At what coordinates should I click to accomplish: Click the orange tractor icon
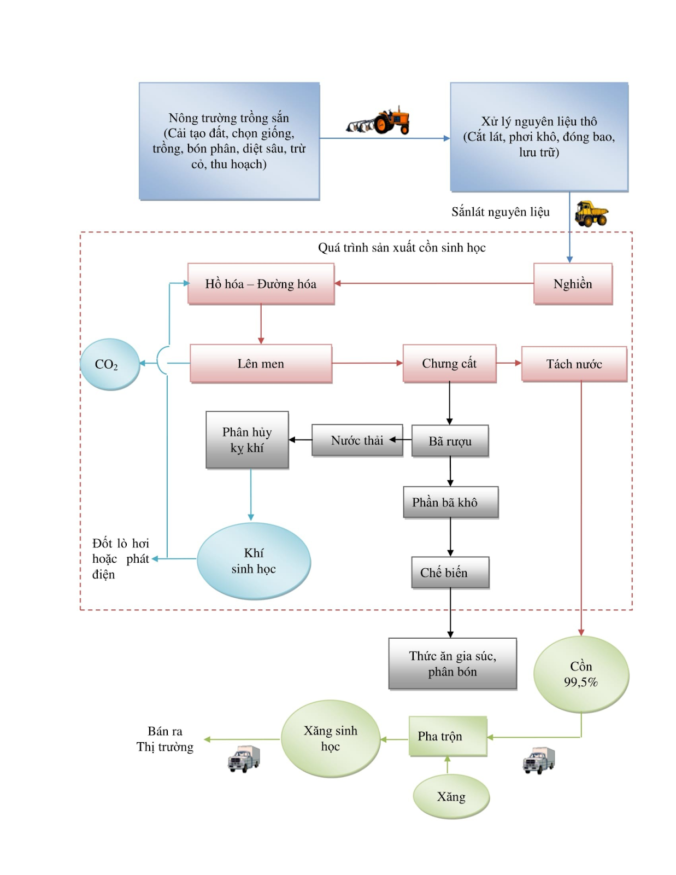click(378, 120)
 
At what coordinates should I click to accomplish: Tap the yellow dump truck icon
click(591, 213)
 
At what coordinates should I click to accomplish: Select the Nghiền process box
click(573, 284)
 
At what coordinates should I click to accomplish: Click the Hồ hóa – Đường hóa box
click(261, 284)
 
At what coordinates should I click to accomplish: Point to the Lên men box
click(261, 364)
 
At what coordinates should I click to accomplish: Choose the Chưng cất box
click(449, 363)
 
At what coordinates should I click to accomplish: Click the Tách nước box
click(574, 364)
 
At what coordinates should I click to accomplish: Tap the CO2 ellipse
click(110, 364)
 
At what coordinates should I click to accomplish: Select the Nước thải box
click(357, 440)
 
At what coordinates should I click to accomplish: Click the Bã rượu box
click(450, 441)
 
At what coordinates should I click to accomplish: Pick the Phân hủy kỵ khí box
click(247, 440)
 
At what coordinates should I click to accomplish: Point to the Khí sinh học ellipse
click(254, 561)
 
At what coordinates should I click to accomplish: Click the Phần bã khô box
click(451, 502)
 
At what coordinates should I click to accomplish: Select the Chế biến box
click(450, 573)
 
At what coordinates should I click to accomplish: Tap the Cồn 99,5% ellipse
click(581, 674)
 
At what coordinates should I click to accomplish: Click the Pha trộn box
click(448, 736)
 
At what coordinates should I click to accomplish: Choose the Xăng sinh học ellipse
click(331, 738)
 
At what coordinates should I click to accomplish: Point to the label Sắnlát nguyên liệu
click(500, 212)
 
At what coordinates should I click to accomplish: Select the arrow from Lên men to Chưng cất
click(367, 363)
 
